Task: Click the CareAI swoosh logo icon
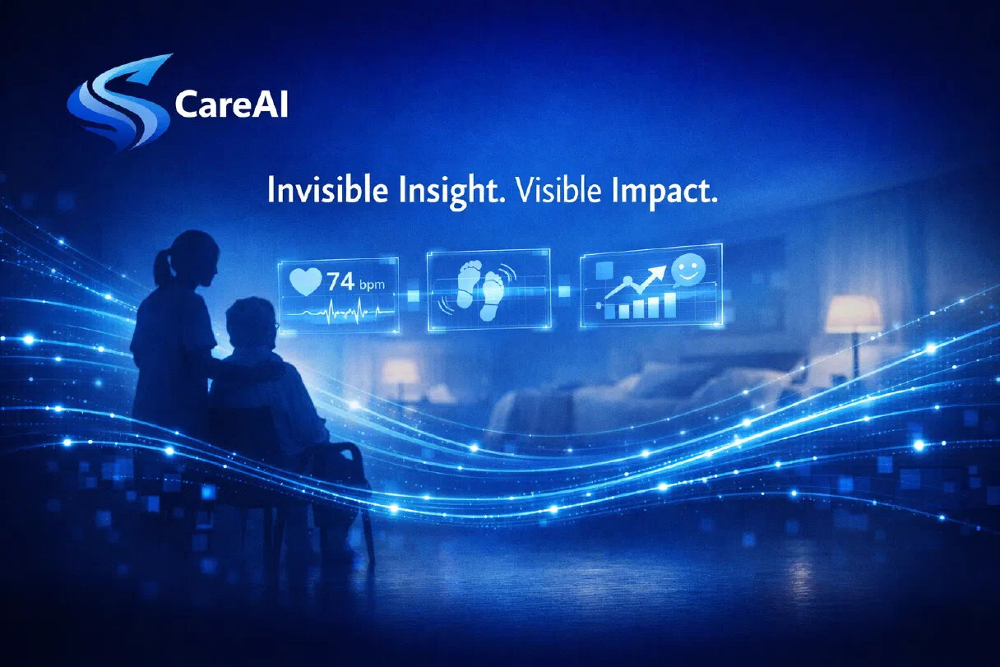click(x=119, y=104)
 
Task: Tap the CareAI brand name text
click(x=231, y=104)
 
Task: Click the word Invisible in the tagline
click(x=327, y=190)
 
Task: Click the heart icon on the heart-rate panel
click(x=305, y=281)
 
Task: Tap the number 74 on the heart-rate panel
click(x=340, y=282)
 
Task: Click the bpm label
click(x=372, y=285)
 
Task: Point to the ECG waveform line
click(x=340, y=311)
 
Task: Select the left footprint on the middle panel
click(x=468, y=285)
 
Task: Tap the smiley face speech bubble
click(x=688, y=270)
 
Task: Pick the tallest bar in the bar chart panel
click(x=670, y=305)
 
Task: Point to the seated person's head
click(x=251, y=322)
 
